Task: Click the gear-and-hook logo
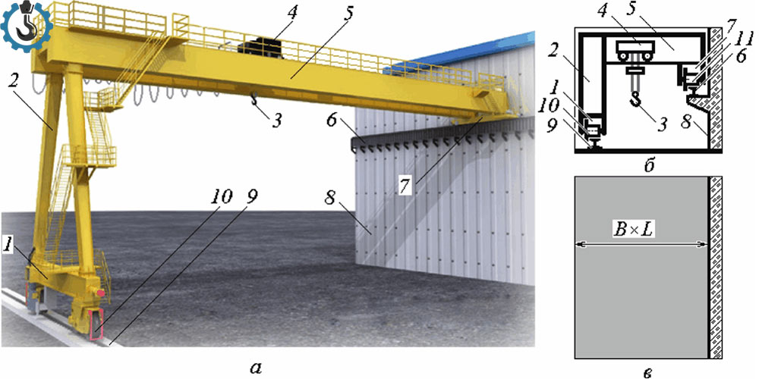pyautogui.click(x=26, y=26)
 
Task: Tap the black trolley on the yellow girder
pyautogui.click(x=260, y=48)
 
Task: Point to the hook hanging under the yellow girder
pyautogui.click(x=254, y=100)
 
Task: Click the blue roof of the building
pyautogui.click(x=465, y=52)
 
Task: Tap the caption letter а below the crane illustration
pyautogui.click(x=256, y=368)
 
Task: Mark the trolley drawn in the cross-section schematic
pyautogui.click(x=635, y=50)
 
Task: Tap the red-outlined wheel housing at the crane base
pyautogui.click(x=96, y=324)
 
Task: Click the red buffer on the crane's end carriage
pyautogui.click(x=100, y=293)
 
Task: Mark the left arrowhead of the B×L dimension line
pyautogui.click(x=579, y=246)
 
